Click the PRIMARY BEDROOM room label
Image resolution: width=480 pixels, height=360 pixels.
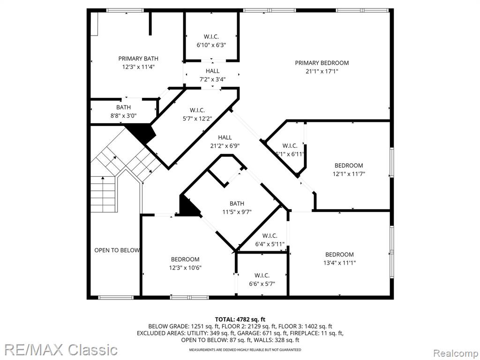pos(322,63)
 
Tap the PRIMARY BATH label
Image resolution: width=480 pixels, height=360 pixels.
pos(138,59)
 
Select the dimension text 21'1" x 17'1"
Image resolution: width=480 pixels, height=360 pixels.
pos(322,71)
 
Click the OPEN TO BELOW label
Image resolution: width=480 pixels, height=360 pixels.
pos(117,250)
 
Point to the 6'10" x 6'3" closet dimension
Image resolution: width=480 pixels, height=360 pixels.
pos(211,45)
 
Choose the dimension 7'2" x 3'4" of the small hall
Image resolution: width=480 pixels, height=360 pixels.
pos(212,80)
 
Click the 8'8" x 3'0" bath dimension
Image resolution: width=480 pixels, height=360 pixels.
pos(123,116)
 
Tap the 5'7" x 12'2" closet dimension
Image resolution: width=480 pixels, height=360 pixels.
pos(197,119)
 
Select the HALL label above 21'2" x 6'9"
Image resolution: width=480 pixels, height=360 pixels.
pos(225,137)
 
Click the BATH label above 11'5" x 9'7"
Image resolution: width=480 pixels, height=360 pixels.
pos(237,203)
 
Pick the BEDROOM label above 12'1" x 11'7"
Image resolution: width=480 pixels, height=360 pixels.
pos(349,165)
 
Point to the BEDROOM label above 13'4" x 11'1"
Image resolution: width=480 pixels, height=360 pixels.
pos(339,255)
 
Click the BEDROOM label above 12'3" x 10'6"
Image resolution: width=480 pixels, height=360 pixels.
pos(185,259)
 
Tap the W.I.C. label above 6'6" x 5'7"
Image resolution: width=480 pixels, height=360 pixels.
pos(262,275)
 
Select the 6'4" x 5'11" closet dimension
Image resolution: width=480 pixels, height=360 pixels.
pos(270,244)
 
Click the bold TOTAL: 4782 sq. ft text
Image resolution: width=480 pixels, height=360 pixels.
pos(240,320)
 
